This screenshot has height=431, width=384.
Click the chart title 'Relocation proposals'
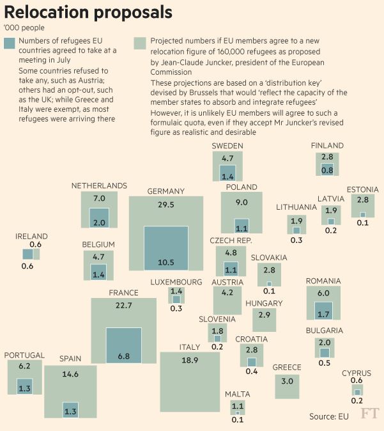click(x=88, y=12)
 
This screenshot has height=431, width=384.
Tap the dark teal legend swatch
click(x=9, y=43)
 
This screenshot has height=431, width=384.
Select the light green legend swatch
click(x=139, y=43)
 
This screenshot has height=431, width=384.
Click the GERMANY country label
click(x=165, y=191)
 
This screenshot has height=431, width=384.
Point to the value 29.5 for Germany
click(x=165, y=205)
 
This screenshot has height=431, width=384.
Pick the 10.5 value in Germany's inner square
click(x=165, y=262)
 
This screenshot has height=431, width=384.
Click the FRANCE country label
click(x=123, y=293)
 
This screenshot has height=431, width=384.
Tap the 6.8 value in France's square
click(x=123, y=356)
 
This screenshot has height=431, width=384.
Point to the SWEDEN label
click(x=227, y=146)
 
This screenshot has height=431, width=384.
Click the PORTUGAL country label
click(x=24, y=355)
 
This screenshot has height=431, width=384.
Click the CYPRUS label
click(x=357, y=373)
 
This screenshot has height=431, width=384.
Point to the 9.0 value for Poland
click(x=242, y=202)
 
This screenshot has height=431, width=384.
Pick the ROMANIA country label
click(x=323, y=281)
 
